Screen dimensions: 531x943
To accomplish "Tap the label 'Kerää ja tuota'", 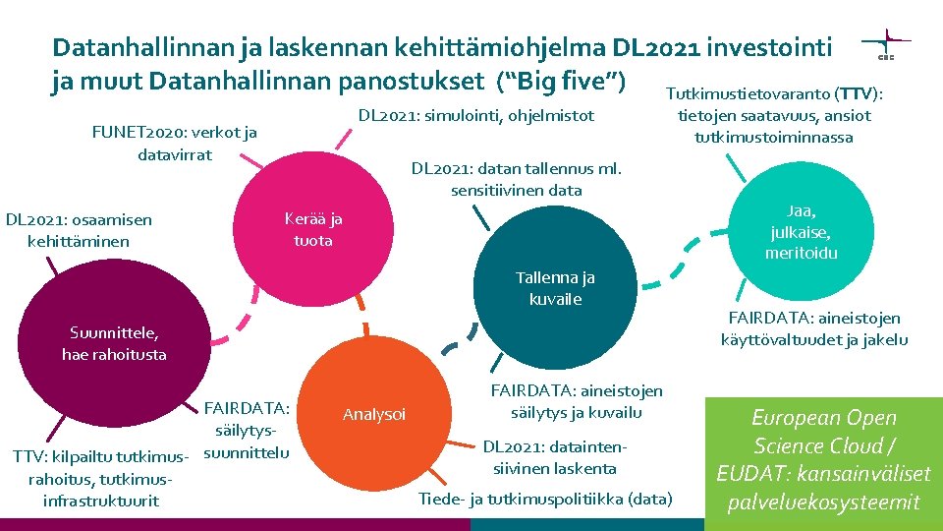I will click(x=313, y=229).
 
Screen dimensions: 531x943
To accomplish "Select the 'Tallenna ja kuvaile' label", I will click(x=556, y=288).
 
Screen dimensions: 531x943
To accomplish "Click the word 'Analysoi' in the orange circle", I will click(x=373, y=414).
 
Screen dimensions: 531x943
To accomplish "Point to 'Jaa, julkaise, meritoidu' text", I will click(x=802, y=232).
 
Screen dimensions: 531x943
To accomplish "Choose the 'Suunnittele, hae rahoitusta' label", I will click(x=114, y=343).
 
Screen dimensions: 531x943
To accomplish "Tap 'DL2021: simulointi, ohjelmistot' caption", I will click(x=475, y=116).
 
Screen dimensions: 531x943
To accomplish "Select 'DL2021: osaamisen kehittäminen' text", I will click(x=79, y=230).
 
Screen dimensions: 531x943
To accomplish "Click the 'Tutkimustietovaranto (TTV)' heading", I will click(x=774, y=94).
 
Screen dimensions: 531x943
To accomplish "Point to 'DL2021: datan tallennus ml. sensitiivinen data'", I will click(x=517, y=179).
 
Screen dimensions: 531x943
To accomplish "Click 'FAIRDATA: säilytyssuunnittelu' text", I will click(x=248, y=430).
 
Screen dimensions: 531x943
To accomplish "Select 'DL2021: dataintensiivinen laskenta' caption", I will click(x=554, y=457).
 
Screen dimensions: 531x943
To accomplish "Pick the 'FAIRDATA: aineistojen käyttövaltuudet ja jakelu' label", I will click(x=813, y=328).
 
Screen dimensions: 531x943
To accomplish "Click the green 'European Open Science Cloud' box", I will click(x=823, y=460).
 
